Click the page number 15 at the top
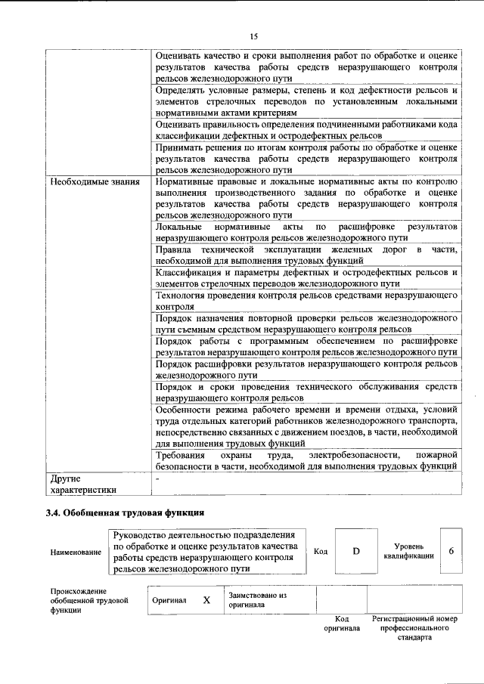pyautogui.click(x=254, y=36)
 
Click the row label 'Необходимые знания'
pyautogui.click(x=87, y=182)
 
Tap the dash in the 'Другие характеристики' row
pyautogui.click(x=157, y=479)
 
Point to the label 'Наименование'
pyautogui.click(x=76, y=552)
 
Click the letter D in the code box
pyautogui.click(x=355, y=551)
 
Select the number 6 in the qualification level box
pyautogui.click(x=451, y=551)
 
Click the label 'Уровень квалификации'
pyautogui.click(x=414, y=551)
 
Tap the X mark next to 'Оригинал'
pyautogui.click(x=206, y=600)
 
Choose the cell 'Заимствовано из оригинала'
pyautogui.click(x=257, y=600)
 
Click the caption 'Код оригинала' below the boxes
pyautogui.click(x=342, y=623)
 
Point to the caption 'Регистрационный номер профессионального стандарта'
pyautogui.click(x=414, y=627)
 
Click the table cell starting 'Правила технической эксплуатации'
pyautogui.click(x=306, y=255)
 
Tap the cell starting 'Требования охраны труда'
pyautogui.click(x=306, y=461)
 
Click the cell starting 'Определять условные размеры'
pyautogui.click(x=306, y=101)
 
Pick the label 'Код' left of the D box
pyautogui.click(x=321, y=552)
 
